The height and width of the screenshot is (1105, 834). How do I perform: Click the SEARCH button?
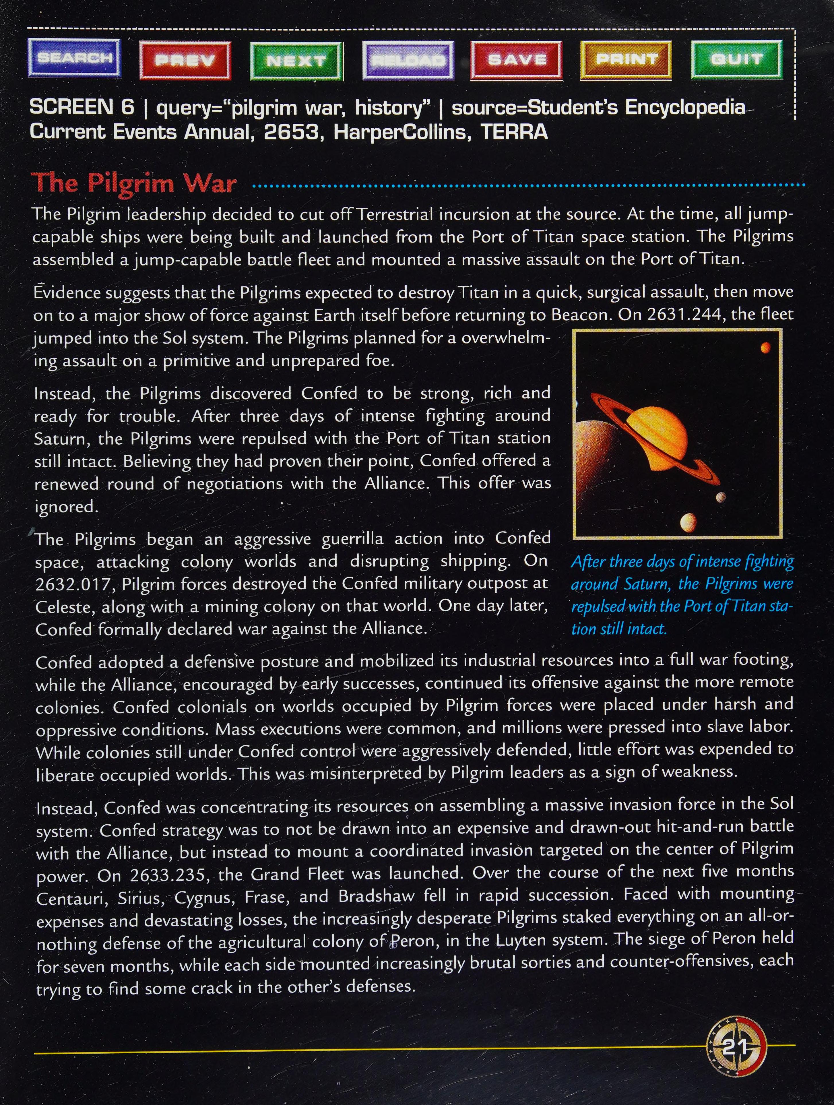(x=74, y=59)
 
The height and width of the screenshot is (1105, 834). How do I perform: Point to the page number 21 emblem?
(x=735, y=1045)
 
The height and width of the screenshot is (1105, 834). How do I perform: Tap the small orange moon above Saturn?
(x=765, y=348)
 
